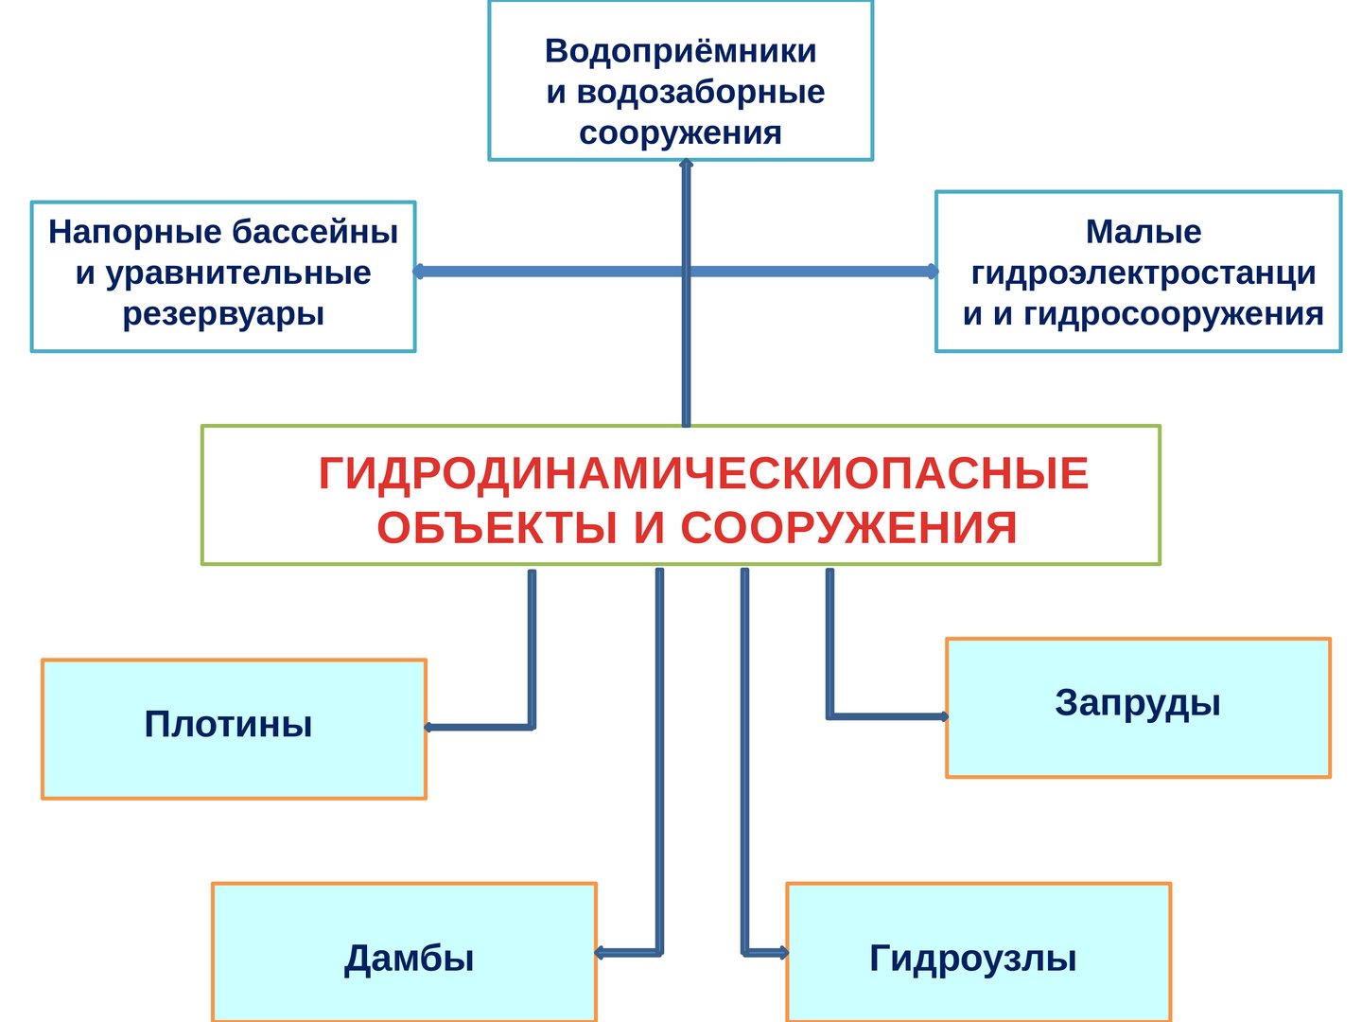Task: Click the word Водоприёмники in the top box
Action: click(680, 51)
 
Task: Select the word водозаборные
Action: click(701, 93)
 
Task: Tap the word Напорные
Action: click(134, 233)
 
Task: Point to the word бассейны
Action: click(315, 232)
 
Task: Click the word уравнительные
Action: click(238, 274)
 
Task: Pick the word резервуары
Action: click(223, 314)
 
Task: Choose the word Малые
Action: click(1143, 233)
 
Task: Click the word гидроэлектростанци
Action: click(1143, 274)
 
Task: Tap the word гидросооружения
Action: click(1174, 314)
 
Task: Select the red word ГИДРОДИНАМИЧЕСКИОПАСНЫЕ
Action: click(704, 474)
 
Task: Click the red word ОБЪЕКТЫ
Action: click(497, 528)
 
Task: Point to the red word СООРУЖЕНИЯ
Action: click(848, 528)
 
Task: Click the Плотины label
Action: click(228, 724)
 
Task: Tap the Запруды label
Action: click(1138, 704)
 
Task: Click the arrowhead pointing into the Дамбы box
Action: click(600, 953)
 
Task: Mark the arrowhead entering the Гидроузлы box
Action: click(783, 953)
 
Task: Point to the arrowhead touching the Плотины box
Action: click(429, 728)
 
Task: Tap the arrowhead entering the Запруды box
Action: click(943, 716)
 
